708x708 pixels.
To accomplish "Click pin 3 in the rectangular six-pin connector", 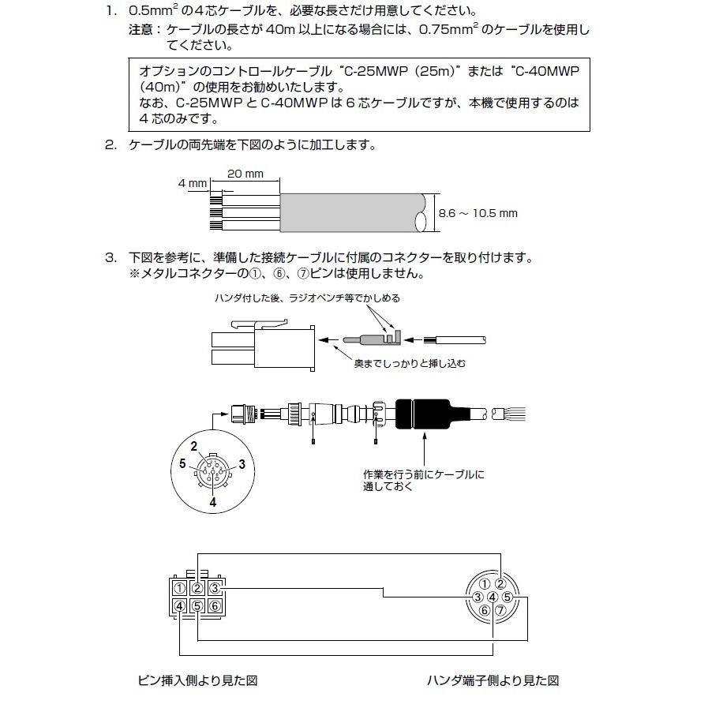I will [215, 588].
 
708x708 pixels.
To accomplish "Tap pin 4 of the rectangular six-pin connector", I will [181, 606].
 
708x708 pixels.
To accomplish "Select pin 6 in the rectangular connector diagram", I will [215, 606].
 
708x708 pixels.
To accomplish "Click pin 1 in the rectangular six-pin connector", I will [181, 588].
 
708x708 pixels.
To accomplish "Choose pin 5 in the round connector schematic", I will [508, 597].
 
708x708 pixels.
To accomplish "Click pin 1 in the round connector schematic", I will [485, 585].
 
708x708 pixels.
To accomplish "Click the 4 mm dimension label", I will [192, 183].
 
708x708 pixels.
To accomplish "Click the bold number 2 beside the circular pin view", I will [193, 446].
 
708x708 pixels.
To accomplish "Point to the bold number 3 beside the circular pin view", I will [242, 464].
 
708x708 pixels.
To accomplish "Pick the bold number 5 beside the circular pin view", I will [182, 464].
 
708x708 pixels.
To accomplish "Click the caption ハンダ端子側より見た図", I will [493, 680].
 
